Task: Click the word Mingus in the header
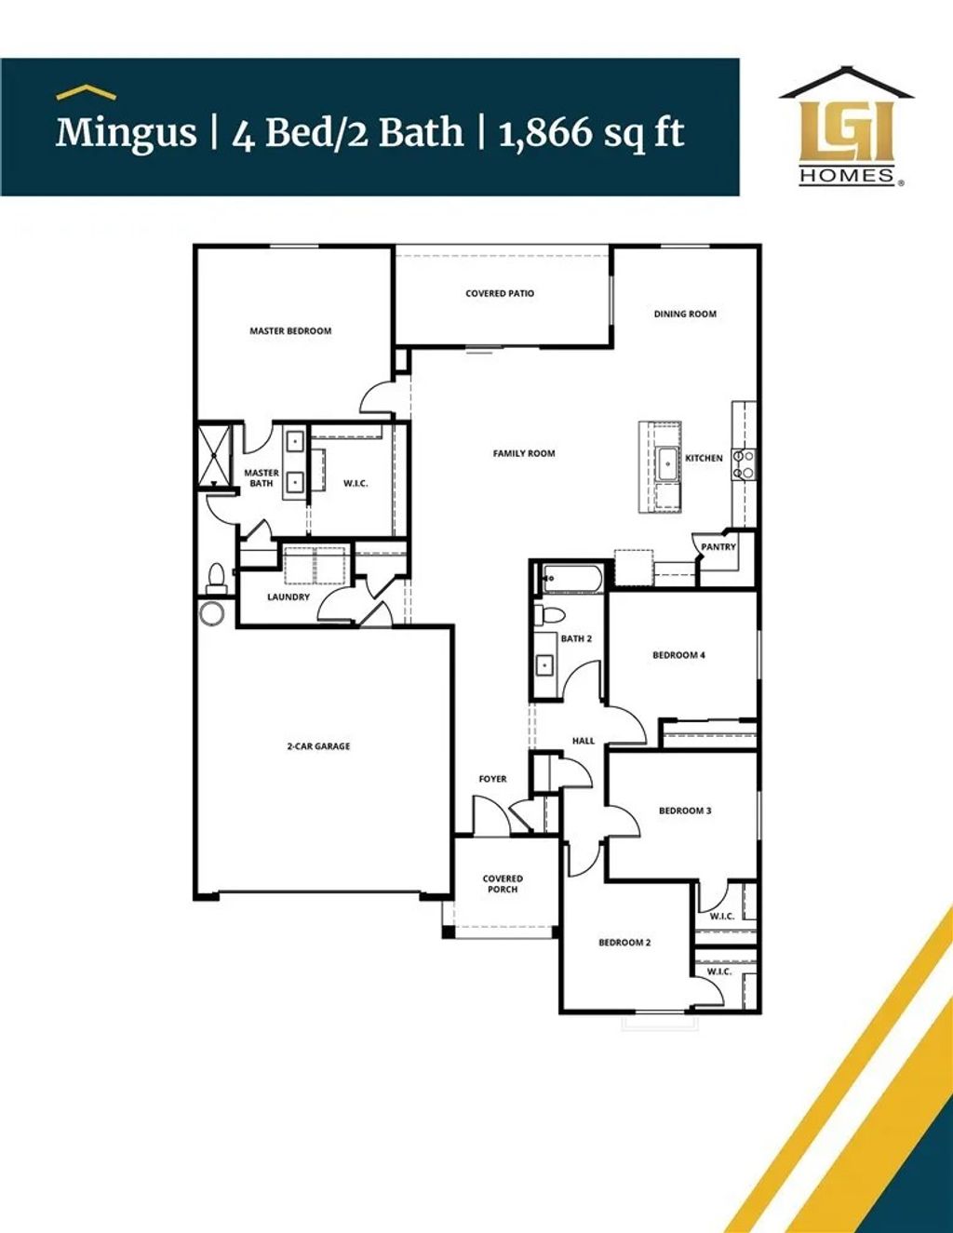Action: (x=126, y=133)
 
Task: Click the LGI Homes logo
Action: (x=847, y=127)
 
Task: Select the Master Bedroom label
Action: (x=290, y=331)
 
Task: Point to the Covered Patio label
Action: (x=500, y=294)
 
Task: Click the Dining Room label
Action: (x=685, y=315)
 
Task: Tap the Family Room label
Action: (x=524, y=454)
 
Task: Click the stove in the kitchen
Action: (x=743, y=464)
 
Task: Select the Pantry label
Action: (x=718, y=547)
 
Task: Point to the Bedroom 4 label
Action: (x=678, y=655)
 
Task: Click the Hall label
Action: (x=584, y=742)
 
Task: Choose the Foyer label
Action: (x=493, y=780)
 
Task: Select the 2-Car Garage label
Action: (x=318, y=746)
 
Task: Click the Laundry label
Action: (x=289, y=597)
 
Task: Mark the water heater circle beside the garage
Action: (x=211, y=613)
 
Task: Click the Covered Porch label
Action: (x=503, y=884)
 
